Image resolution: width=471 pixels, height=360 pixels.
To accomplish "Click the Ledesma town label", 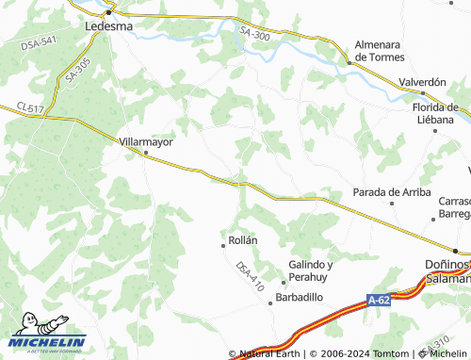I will pyautogui.click(x=109, y=26).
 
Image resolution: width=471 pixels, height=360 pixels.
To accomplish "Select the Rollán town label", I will pyautogui.click(x=243, y=240).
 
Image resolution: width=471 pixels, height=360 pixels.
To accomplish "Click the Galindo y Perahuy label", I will pyautogui.click(x=311, y=270).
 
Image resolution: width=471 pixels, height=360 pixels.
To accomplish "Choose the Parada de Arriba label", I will pyautogui.click(x=391, y=191).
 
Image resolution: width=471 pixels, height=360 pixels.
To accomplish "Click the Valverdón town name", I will pyautogui.click(x=422, y=82).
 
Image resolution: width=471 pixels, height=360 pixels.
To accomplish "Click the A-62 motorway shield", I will pyautogui.click(x=379, y=301).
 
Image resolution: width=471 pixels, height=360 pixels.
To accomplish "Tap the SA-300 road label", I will pyautogui.click(x=254, y=35).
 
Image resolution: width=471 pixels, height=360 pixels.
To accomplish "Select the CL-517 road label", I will pyautogui.click(x=29, y=109).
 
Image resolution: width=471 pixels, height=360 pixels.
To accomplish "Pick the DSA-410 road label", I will pyautogui.click(x=251, y=274).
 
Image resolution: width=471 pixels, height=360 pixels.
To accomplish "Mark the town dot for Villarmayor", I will pyautogui.click(x=145, y=152).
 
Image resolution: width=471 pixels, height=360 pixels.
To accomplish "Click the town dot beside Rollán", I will pyautogui.click(x=222, y=242).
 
